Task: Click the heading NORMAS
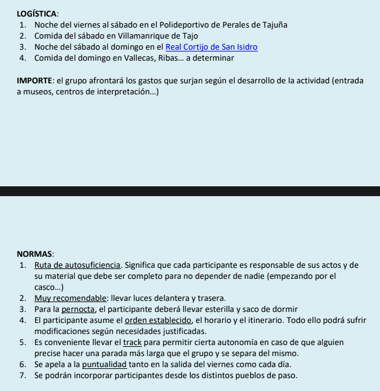tap(36, 254)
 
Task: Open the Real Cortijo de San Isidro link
tap(211, 47)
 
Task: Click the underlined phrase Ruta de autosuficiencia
tap(77, 265)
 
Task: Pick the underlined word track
tap(132, 342)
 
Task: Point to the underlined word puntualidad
tap(104, 364)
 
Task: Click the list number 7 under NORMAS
tap(22, 375)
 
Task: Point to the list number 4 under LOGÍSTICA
tap(22, 58)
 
